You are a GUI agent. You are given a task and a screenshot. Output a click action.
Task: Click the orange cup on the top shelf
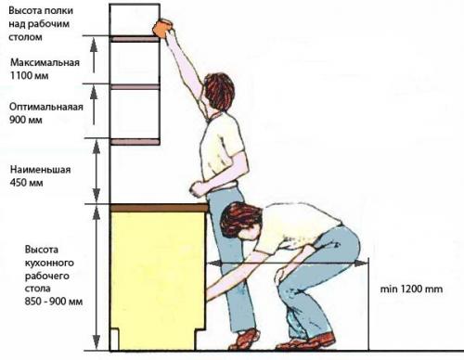162,28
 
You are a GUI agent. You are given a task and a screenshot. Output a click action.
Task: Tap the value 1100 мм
30,76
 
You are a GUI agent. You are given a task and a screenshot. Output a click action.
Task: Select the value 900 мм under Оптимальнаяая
26,120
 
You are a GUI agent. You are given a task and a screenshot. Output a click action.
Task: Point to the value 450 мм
26,183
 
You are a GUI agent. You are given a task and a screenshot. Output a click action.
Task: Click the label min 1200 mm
411,289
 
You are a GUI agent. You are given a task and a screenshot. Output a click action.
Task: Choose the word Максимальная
45,62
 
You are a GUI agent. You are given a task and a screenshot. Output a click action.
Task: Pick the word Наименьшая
41,170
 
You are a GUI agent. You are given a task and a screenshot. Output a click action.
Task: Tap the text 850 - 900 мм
54,302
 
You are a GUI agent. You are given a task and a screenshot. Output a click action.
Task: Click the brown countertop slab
159,208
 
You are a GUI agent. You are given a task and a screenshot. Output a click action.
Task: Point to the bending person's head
240,220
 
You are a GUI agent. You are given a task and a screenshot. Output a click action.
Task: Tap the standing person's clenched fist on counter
197,188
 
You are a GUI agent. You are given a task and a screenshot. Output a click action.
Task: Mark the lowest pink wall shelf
135,142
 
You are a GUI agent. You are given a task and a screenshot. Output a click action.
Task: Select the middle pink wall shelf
135,87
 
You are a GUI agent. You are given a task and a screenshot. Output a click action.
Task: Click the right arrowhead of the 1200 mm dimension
361,264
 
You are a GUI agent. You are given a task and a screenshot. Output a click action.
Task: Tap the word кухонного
49,263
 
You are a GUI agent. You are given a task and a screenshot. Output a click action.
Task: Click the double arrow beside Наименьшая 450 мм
97,172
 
